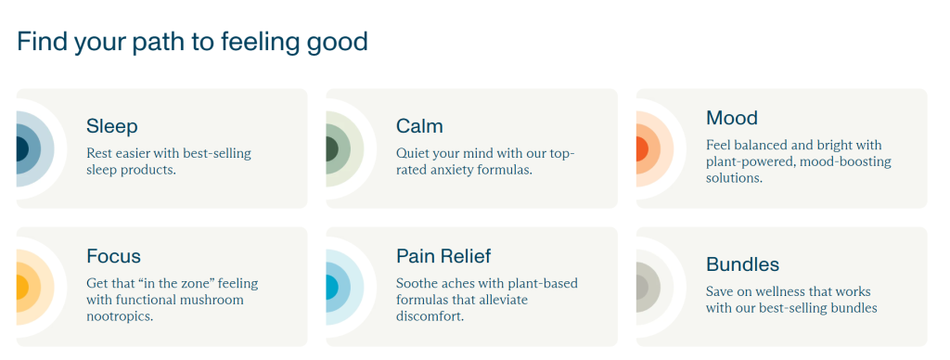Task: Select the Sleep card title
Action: click(112, 126)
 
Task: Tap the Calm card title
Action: click(419, 126)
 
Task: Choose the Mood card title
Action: click(732, 118)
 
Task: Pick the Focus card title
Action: click(113, 256)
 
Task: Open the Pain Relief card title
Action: click(443, 256)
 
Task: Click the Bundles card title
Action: click(743, 264)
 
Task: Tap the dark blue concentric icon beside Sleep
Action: click(35, 149)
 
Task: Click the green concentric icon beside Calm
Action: click(345, 149)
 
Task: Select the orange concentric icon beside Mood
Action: click(655, 149)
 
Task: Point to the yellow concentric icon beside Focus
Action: click(35, 287)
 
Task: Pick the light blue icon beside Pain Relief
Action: click(345, 287)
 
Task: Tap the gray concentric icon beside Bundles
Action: click(655, 287)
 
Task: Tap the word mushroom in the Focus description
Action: click(215, 300)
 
